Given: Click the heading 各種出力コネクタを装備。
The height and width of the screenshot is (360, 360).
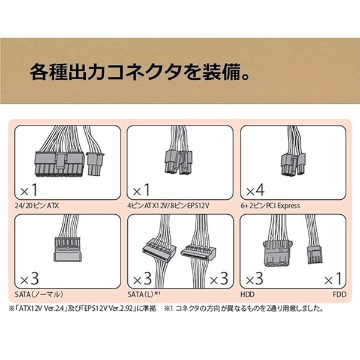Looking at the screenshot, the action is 140,72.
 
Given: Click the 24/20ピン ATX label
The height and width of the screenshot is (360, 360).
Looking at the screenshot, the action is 37,205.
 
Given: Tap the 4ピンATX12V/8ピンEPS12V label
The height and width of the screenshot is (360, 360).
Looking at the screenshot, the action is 168,205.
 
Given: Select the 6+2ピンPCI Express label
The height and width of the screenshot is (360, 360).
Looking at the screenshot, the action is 271,205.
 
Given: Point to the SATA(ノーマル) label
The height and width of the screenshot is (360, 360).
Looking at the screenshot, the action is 39,295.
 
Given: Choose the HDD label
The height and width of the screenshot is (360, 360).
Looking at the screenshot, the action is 247,295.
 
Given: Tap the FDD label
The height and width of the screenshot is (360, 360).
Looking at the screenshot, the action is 340,295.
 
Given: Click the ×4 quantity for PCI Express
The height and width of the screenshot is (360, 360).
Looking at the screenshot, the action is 256,190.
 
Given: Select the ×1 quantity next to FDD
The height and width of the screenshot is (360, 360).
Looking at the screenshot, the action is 333,278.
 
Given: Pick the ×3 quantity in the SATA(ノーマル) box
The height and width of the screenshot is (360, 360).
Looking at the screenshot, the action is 29,278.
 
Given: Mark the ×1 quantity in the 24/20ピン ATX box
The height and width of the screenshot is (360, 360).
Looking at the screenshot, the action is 29,190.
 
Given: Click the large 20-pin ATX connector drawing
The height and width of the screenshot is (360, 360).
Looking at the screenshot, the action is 59,164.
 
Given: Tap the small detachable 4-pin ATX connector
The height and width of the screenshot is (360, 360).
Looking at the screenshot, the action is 95,164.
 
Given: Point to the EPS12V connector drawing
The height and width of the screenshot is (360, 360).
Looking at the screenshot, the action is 178,162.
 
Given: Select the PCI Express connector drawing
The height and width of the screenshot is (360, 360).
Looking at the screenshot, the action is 293,164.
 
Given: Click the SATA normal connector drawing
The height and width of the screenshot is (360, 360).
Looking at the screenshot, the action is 67,250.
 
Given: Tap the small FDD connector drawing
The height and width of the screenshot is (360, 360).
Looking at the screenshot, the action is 315,255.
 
